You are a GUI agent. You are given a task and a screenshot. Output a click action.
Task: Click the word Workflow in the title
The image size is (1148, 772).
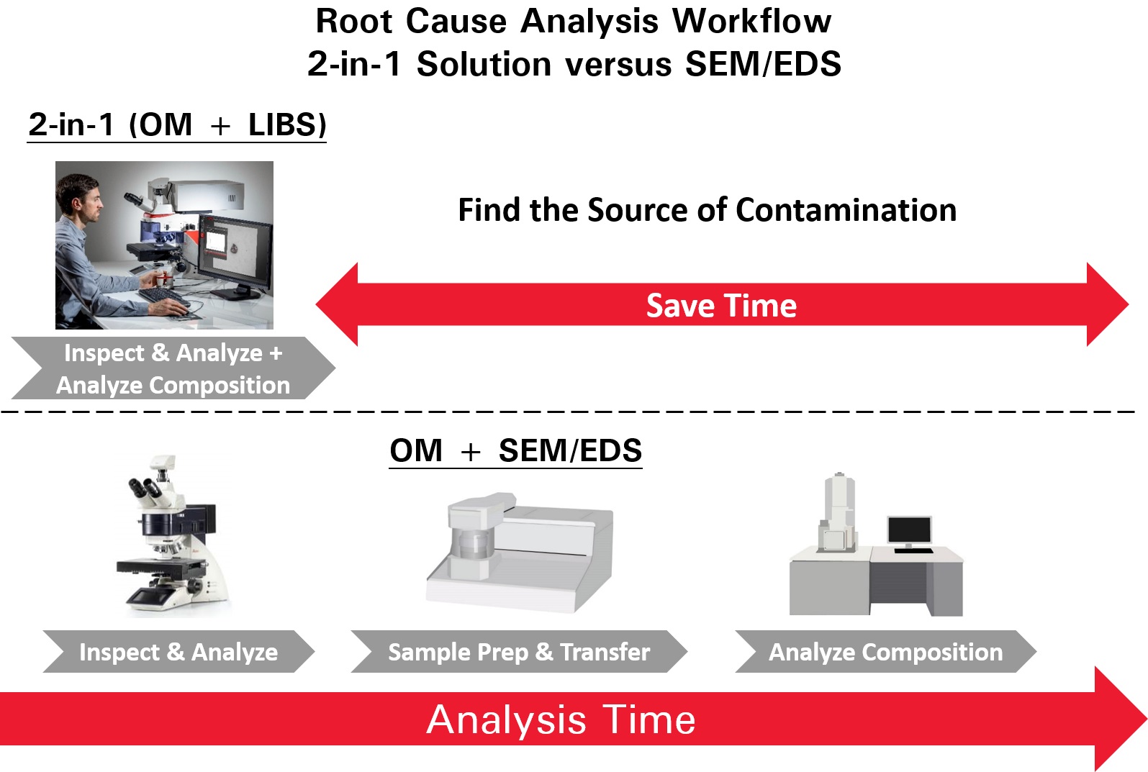click(751, 22)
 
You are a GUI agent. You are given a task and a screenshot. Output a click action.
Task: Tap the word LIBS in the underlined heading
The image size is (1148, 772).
click(287, 124)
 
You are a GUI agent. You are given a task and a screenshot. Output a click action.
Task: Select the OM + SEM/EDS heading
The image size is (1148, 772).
click(515, 451)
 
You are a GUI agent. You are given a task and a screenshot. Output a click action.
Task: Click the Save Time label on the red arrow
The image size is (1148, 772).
click(721, 305)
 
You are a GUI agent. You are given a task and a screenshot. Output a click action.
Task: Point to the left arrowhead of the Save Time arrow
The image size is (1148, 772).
click(336, 304)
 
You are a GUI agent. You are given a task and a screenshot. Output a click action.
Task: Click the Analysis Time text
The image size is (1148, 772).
click(561, 719)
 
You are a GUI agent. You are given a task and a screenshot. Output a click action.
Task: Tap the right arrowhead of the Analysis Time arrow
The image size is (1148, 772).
click(1121, 718)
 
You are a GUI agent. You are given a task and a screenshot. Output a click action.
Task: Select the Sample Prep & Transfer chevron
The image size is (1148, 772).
click(519, 652)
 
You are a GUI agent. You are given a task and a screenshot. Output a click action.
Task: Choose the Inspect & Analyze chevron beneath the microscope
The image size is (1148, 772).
click(178, 652)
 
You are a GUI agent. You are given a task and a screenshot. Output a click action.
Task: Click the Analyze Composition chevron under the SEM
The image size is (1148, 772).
click(885, 652)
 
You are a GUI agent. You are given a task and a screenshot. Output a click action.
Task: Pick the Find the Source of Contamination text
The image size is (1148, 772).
click(708, 210)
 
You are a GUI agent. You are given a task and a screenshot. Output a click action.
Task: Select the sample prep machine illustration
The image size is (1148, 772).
click(520, 553)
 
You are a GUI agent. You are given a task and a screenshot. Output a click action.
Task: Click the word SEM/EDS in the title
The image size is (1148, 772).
click(763, 65)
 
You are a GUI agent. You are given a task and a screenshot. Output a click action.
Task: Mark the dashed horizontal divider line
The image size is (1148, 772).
click(568, 412)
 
